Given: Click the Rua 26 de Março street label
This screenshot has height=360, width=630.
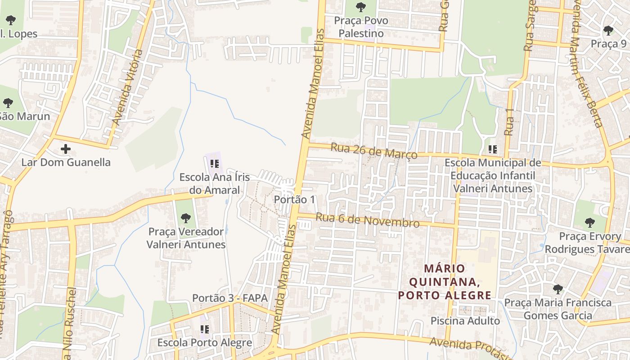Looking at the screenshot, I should tap(374, 151).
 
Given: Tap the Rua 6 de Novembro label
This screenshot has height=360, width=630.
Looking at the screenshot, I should tap(367, 220).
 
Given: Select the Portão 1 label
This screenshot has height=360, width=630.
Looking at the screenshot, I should tap(295, 199).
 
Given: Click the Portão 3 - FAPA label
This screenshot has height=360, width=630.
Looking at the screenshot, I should tap(229, 298).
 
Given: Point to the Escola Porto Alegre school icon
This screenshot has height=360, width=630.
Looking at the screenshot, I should tap(205, 329).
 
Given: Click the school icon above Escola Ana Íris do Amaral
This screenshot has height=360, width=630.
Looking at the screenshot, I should tap(214, 163).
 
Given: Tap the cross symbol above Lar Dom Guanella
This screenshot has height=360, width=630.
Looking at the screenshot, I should tap(66, 148).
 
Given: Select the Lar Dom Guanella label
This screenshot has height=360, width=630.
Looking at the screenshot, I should tap(66, 162).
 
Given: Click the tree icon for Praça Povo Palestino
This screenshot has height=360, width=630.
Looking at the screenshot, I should tap(360, 7).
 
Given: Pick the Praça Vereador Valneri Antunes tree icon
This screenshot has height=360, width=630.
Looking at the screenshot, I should tap(185, 218).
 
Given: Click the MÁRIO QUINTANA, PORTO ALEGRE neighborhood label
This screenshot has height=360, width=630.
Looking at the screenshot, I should tap(444, 282).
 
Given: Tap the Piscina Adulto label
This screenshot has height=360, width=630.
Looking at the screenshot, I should tap(465, 321).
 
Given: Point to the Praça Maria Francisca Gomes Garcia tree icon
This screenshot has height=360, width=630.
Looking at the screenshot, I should tap(558, 289).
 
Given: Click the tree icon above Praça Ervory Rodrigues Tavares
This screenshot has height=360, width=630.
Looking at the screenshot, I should tap(589, 222).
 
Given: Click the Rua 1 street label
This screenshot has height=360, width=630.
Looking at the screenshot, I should tap(509, 121).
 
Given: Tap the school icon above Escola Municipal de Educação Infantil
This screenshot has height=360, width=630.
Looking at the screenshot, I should tap(492, 149).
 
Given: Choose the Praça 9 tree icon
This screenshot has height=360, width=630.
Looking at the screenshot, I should tap(608, 31).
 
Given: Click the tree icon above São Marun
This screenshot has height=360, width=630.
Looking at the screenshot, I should tap(8, 103).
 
